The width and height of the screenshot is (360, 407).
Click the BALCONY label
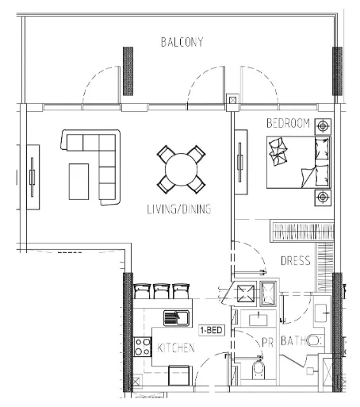tap(182, 42)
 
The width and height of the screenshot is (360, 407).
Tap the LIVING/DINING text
tap(179, 209)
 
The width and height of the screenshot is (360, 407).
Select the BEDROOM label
tap(288, 123)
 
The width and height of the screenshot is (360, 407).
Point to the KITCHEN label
tap(176, 347)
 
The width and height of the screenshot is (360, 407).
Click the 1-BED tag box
tap(212, 330)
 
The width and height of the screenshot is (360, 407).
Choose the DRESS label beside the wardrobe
tap(296, 261)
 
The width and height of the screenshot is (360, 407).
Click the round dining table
tap(182, 170)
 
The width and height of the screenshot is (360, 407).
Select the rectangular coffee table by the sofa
tap(79, 182)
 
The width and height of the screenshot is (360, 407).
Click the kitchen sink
tap(176, 318)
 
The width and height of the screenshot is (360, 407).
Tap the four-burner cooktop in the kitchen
tap(143, 347)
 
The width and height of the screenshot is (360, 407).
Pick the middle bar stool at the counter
tap(161, 291)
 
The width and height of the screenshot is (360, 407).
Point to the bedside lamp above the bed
tap(323, 126)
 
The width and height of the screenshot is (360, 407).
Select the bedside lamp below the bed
tap(323, 198)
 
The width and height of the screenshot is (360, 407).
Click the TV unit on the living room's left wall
tap(33, 177)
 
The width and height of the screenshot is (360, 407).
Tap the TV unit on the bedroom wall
tap(241, 162)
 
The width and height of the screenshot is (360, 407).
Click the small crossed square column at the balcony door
tap(232, 101)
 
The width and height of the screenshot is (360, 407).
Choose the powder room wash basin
tap(259, 319)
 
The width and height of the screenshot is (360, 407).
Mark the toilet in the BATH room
tap(314, 341)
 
